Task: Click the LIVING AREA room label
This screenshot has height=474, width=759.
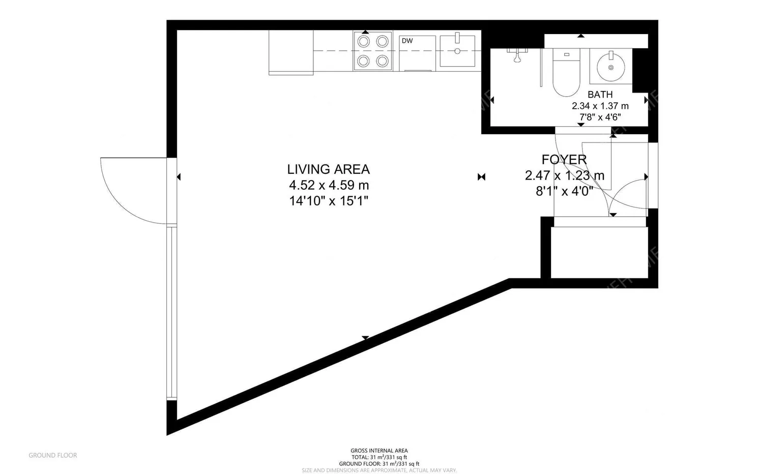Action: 328,169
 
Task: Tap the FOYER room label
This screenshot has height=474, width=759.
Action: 564,159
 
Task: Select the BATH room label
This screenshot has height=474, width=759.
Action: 600,95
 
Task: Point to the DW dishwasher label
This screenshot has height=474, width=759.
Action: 407,41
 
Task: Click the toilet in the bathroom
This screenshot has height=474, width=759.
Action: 566,73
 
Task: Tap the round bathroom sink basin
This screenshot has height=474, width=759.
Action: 610,67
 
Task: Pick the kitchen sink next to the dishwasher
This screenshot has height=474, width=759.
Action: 457,51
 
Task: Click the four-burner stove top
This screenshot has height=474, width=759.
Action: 373,51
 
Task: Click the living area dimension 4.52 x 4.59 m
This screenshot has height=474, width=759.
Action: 329,185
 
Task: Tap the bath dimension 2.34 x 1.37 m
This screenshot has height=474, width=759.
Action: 600,106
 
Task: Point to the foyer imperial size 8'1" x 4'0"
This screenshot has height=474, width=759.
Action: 564,191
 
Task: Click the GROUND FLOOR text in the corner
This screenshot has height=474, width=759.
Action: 52,455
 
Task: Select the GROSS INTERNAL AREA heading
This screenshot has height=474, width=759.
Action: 379,451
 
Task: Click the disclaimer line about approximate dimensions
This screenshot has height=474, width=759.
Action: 379,470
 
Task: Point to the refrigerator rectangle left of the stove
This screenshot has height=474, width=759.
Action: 290,52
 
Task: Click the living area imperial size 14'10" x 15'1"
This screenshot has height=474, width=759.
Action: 328,201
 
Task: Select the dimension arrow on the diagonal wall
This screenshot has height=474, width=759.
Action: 365,338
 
